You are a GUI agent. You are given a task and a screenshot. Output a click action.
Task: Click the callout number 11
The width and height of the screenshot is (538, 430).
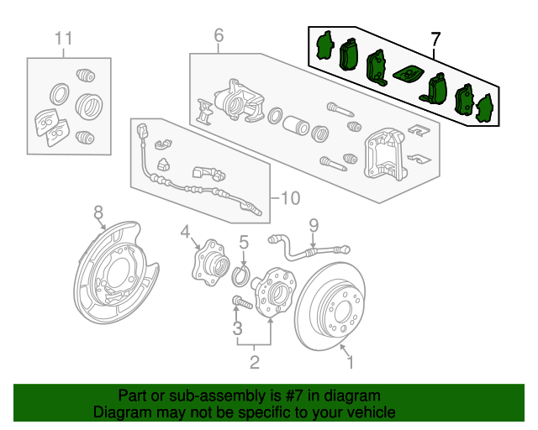coord(64,39)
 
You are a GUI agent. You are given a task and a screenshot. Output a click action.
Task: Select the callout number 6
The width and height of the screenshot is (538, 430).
coord(219,35)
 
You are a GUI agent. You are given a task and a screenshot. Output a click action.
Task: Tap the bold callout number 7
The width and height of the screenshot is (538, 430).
coord(435,39)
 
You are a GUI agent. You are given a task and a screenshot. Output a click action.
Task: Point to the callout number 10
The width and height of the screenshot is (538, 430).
coord(288,198)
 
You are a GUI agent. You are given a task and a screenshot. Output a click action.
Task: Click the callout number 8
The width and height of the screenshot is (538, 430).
coord(98,211)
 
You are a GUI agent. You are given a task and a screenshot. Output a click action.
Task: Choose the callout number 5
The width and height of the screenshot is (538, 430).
coord(243,242)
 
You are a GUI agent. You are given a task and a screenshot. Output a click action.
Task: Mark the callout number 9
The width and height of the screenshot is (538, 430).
coord(314,224)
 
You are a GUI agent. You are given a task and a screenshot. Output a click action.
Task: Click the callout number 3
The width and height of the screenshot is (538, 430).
coord(238,327)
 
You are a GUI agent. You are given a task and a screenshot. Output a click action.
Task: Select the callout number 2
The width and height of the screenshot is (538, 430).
coord(254,362)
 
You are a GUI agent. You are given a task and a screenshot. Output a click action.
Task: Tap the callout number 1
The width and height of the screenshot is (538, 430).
coord(351,362)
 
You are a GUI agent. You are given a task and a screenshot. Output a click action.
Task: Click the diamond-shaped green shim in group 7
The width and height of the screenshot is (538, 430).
coord(408,74)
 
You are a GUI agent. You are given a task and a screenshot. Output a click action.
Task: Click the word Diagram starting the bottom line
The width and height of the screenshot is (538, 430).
coord(122,412)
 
